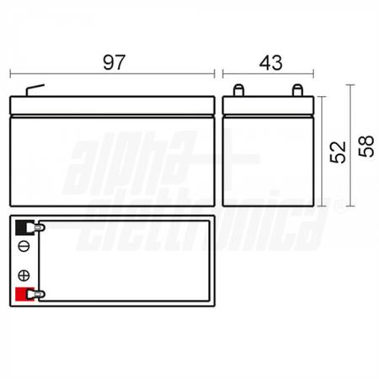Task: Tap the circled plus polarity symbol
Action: coord(23,275)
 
